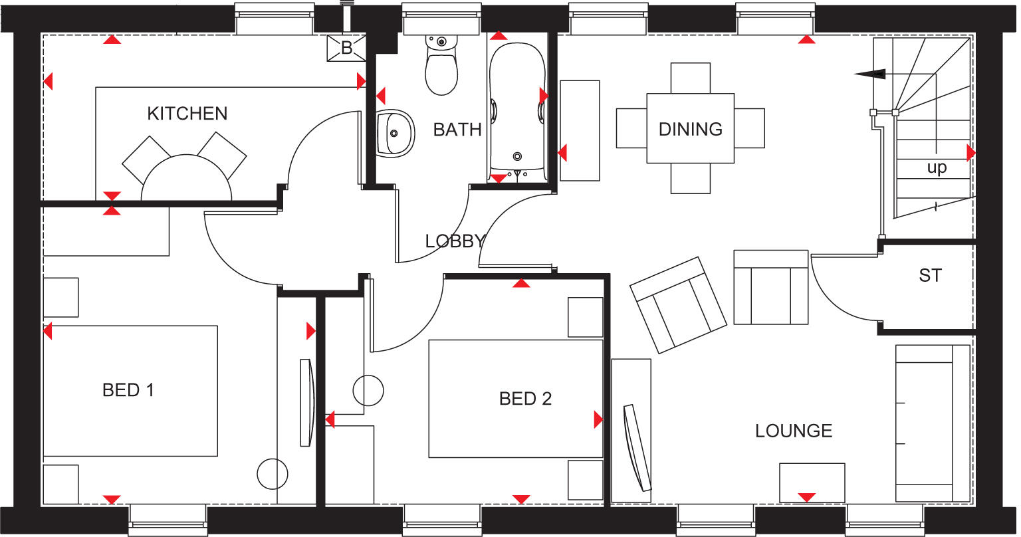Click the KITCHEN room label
pyautogui.click(x=187, y=114)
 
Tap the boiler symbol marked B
pyautogui.click(x=346, y=48)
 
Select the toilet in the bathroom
pyautogui.click(x=441, y=66)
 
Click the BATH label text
pyautogui.click(x=457, y=130)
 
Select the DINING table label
pyautogui.click(x=690, y=129)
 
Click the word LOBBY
pyautogui.click(x=455, y=241)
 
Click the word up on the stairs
pyautogui.click(x=937, y=168)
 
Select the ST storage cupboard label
pyautogui.click(x=930, y=275)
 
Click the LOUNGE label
pyautogui.click(x=794, y=431)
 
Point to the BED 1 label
pyautogui.click(x=128, y=390)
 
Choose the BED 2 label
pyautogui.click(x=525, y=399)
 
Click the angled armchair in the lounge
pyautogui.click(x=678, y=304)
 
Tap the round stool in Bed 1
pyautogui.click(x=273, y=474)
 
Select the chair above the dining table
pyautogui.click(x=691, y=78)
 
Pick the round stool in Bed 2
pyautogui.click(x=368, y=390)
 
